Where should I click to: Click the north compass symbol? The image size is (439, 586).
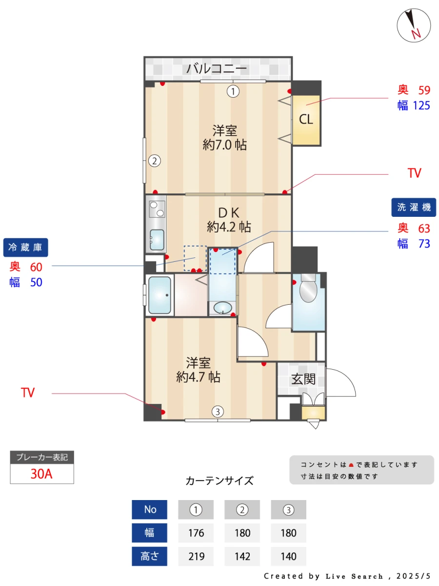[414, 25]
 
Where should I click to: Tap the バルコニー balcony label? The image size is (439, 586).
[217, 69]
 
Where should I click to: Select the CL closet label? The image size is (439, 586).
[306, 119]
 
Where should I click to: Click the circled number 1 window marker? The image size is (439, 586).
[234, 91]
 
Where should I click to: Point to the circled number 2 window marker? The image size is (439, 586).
[154, 160]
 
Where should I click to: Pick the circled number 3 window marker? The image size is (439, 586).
[218, 412]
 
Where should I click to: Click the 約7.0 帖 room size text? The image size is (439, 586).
[224, 145]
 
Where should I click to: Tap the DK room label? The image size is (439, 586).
[228, 212]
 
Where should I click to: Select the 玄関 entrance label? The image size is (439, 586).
[303, 379]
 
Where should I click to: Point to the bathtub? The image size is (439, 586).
[160, 295]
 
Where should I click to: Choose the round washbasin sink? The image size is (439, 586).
[223, 308]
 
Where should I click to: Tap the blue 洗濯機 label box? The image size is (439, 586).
[414, 207]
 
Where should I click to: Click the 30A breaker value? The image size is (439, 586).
[41, 474]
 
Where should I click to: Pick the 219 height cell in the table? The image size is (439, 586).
[196, 556]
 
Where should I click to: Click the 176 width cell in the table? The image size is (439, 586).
[196, 533]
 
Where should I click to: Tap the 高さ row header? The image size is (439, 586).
[149, 556]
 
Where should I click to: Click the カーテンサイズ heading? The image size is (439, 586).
[219, 481]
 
